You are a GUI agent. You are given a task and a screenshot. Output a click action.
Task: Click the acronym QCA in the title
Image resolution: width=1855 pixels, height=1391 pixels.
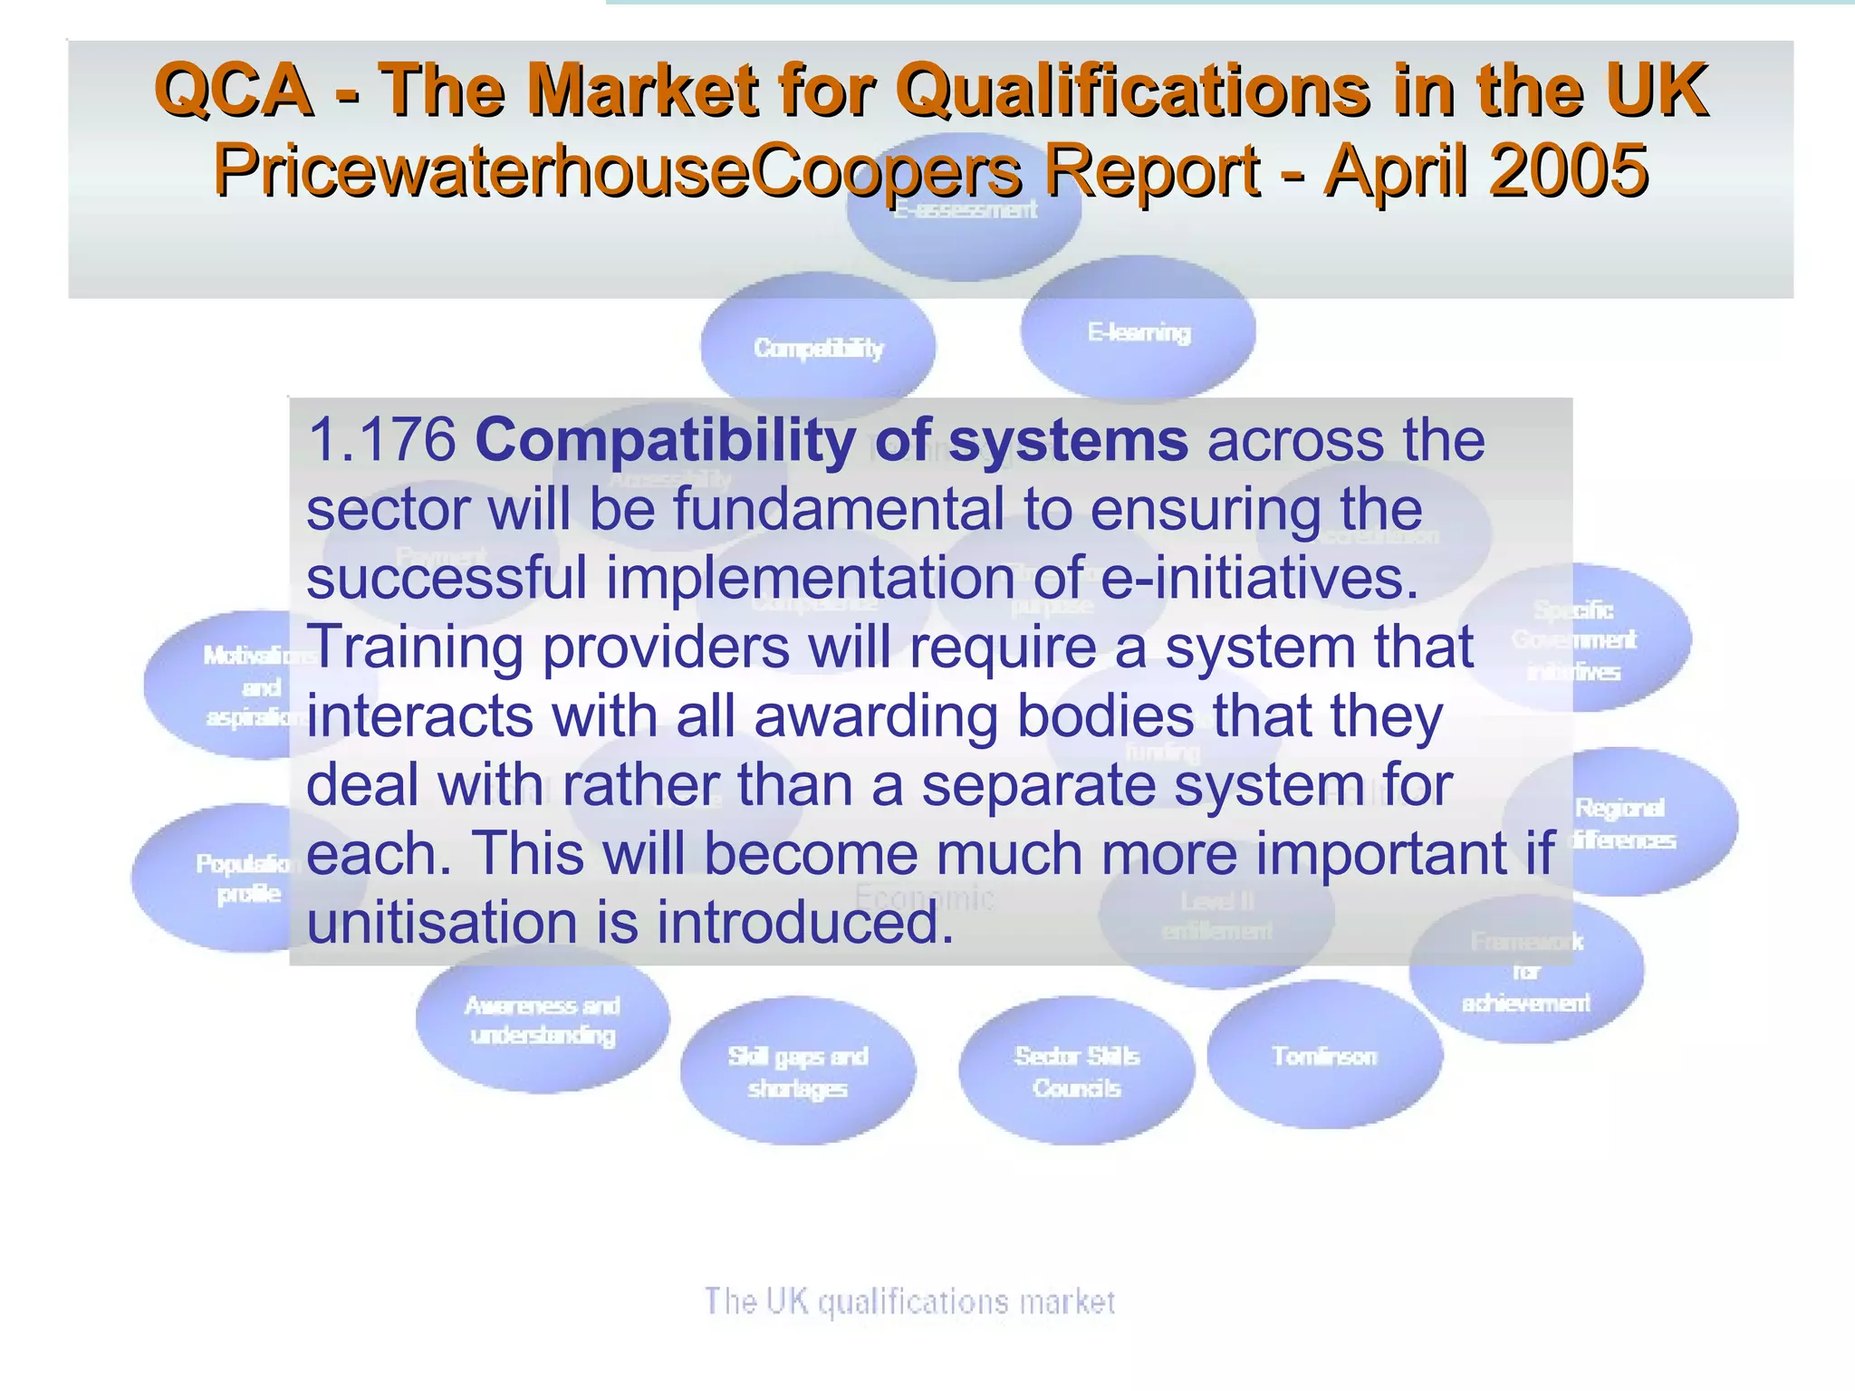click(x=234, y=91)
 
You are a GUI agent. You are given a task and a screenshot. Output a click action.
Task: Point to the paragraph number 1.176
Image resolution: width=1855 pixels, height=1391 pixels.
click(x=380, y=441)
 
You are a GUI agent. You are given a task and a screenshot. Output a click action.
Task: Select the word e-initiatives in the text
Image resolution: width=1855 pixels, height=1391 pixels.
click(x=1258, y=578)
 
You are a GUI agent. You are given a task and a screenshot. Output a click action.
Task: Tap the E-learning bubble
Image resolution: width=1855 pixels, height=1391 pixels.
click(x=1139, y=331)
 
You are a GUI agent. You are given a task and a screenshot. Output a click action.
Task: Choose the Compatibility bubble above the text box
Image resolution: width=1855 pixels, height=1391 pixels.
click(x=818, y=347)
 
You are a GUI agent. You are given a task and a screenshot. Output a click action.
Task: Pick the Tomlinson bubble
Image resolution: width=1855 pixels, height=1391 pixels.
click(x=1324, y=1056)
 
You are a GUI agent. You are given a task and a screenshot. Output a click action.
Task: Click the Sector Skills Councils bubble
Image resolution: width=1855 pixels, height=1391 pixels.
click(x=1077, y=1071)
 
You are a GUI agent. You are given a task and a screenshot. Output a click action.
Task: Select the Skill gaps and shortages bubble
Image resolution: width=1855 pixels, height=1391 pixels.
click(x=798, y=1071)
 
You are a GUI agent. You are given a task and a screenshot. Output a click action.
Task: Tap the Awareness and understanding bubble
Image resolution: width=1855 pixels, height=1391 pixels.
click(x=543, y=1020)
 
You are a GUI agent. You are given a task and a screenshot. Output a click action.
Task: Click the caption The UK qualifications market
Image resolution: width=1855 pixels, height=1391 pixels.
click(x=909, y=1301)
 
